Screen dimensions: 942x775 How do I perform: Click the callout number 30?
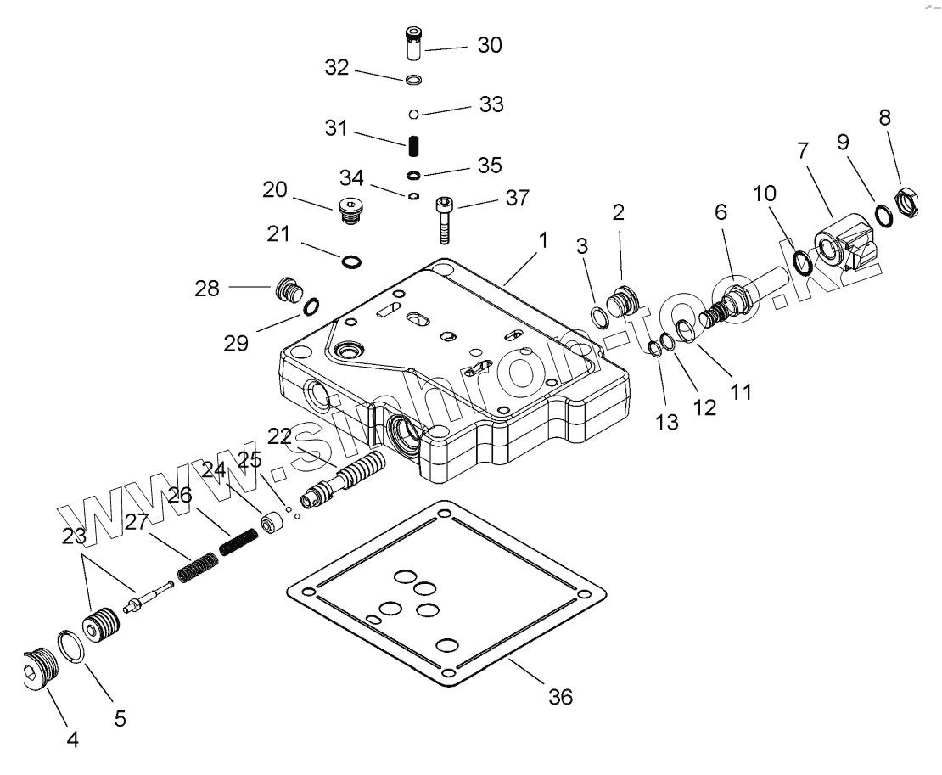[490, 45]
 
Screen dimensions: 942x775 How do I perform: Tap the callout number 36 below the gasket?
[560, 697]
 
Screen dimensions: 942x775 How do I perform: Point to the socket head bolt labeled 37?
[444, 220]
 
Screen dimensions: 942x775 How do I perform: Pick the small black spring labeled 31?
[413, 145]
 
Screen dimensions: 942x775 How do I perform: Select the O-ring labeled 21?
[351, 261]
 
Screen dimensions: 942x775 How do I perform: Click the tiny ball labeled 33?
[413, 114]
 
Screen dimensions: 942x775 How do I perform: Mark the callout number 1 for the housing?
[543, 241]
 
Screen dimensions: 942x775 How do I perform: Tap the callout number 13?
[667, 423]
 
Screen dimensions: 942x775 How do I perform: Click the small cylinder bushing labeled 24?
[273, 522]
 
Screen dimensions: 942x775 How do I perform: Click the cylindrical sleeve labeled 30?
[413, 42]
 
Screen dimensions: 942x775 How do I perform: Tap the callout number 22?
[279, 437]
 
